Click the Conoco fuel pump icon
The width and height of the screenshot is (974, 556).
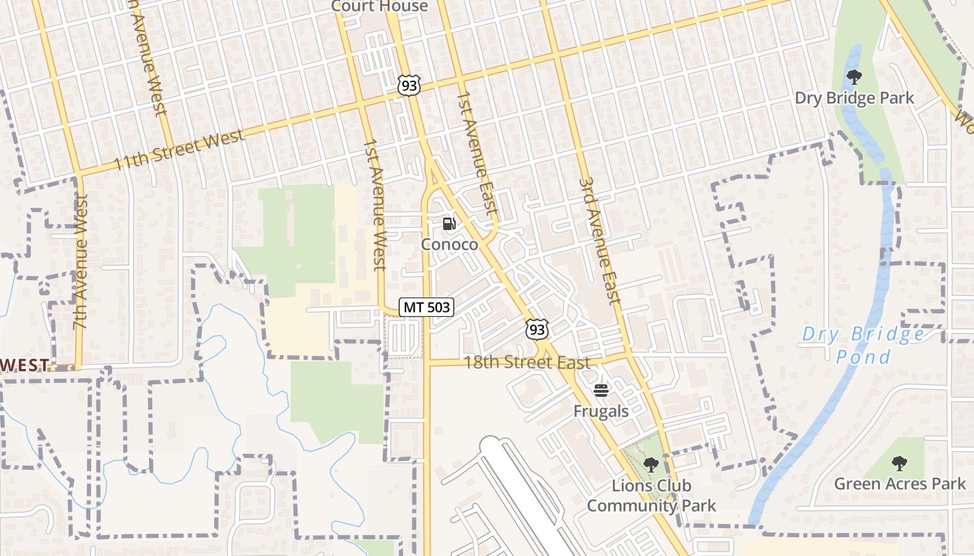449,224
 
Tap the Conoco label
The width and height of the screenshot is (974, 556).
449,245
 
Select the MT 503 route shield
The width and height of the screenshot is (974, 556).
426,306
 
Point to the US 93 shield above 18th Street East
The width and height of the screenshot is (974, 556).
536,329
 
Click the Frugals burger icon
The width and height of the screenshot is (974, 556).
601,391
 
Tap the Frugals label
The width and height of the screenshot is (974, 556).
601,411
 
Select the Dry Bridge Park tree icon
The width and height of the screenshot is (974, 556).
854,77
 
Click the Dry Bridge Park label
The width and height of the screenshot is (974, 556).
854,98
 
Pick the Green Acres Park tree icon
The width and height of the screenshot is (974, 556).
900,463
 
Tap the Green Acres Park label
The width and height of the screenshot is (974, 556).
900,483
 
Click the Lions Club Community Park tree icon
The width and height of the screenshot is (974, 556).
650,465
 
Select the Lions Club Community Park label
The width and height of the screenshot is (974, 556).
650,496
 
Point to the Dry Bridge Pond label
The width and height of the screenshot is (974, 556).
863,345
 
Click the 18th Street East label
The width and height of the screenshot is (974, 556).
527,362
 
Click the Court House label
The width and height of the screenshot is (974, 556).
379,6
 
